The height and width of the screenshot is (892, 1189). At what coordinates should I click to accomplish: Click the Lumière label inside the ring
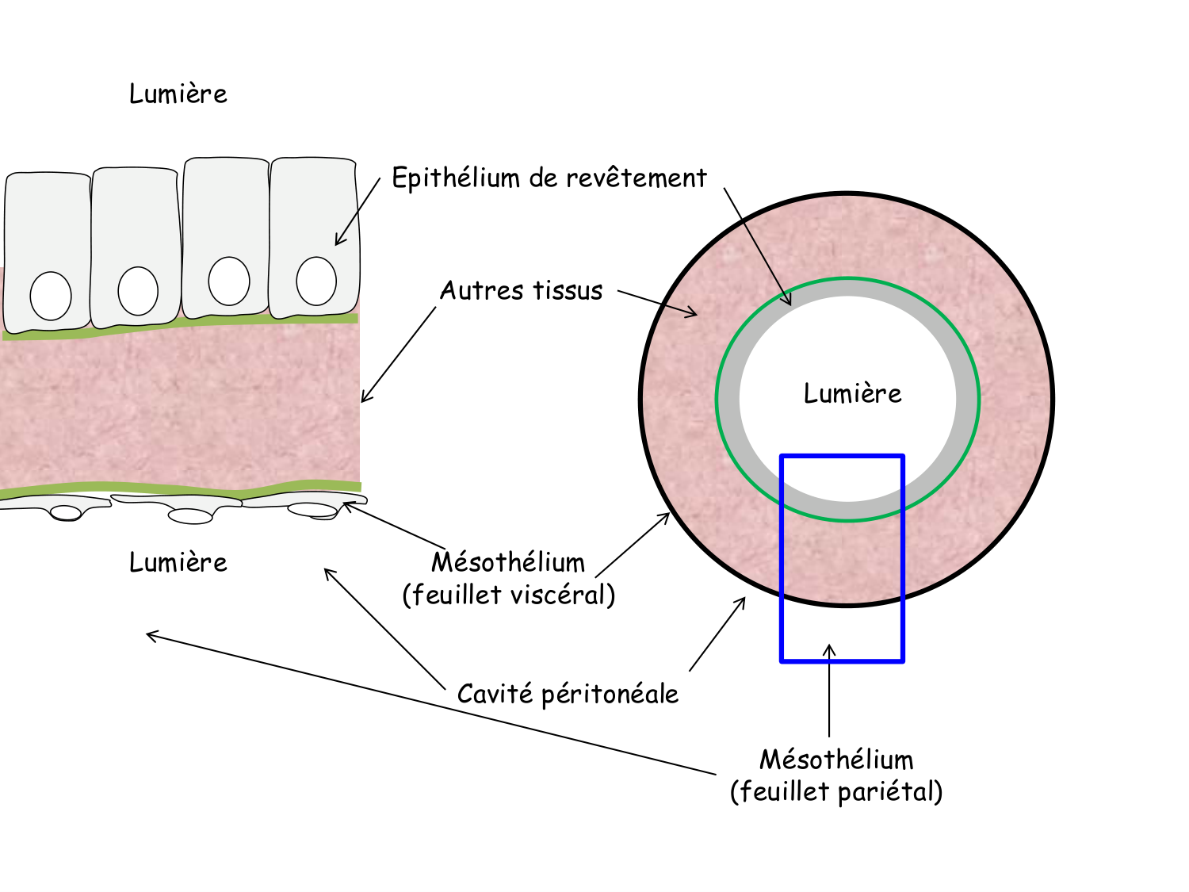[x=852, y=393]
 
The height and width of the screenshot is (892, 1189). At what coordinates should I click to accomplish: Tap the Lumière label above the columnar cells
[x=178, y=94]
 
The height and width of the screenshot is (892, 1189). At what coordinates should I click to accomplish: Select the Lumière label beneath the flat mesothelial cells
[x=178, y=562]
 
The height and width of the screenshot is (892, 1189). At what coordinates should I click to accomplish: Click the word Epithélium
[x=455, y=178]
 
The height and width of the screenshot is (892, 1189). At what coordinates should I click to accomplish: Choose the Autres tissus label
[x=521, y=290]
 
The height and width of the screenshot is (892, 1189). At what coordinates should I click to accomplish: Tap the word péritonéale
[x=610, y=694]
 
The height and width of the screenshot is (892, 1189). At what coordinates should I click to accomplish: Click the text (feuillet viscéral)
[x=508, y=595]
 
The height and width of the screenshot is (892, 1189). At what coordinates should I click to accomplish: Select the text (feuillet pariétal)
[x=836, y=791]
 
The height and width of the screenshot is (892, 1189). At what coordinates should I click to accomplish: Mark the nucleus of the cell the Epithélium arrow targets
[x=316, y=281]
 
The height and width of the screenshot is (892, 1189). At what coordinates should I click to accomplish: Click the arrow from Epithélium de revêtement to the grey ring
[x=757, y=246]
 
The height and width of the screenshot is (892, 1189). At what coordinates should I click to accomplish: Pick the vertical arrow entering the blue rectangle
[x=829, y=690]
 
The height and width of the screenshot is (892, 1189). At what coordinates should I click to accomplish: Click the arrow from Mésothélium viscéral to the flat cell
[x=394, y=525]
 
